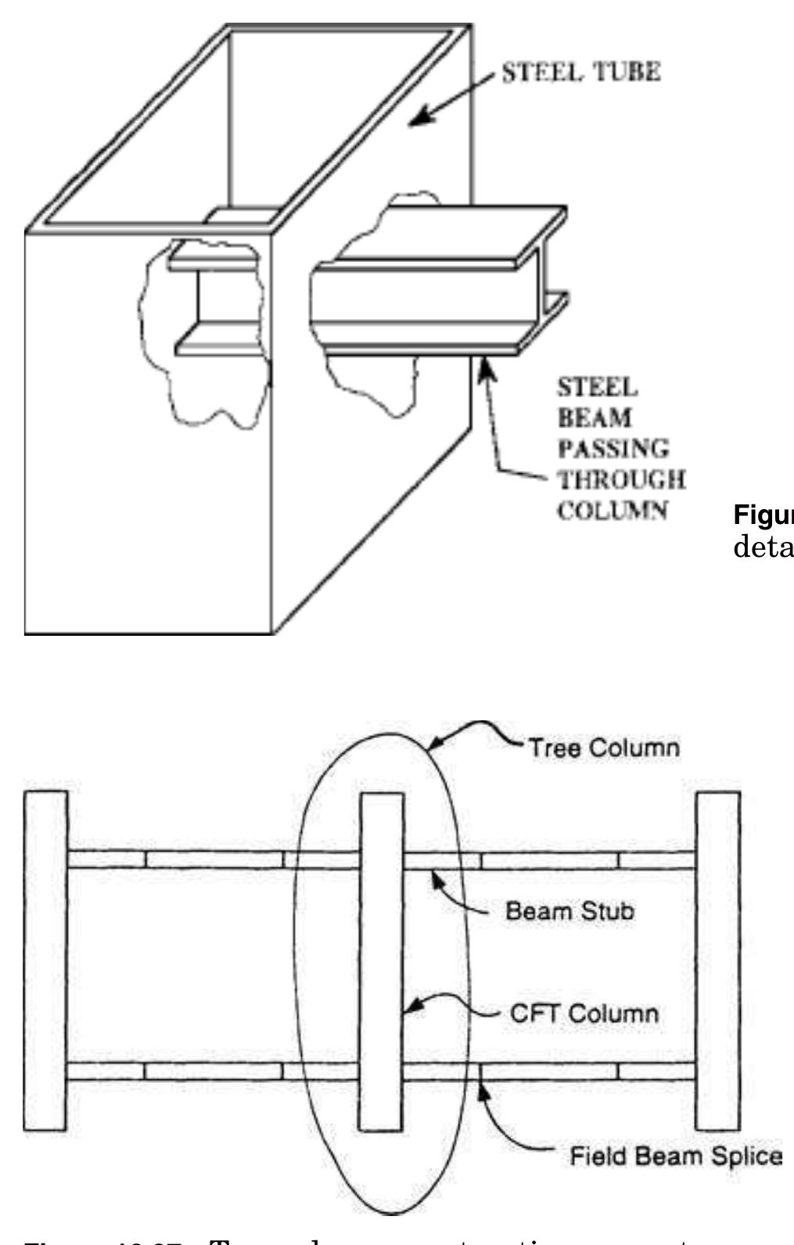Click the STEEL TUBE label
[x=580, y=72]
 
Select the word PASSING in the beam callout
[x=613, y=448]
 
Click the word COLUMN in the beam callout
[x=613, y=510]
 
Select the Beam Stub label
[x=569, y=911]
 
